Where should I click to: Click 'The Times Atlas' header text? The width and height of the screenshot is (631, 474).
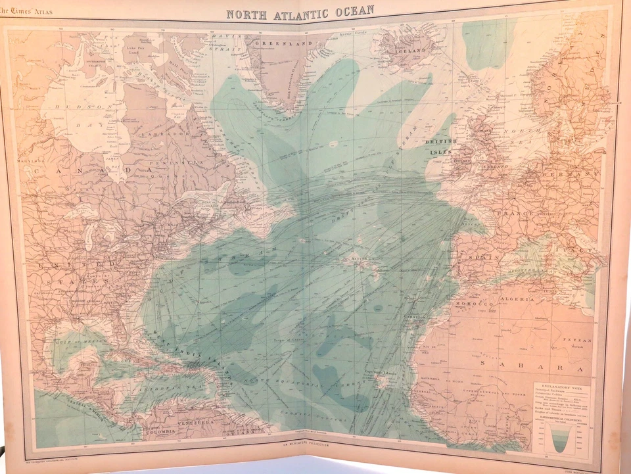point(27,10)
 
